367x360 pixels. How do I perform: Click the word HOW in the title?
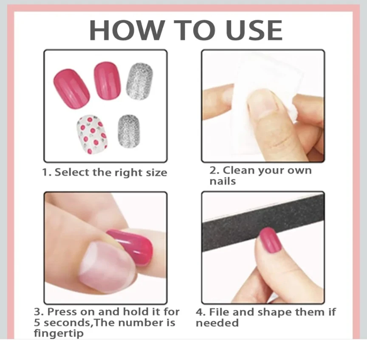(127, 30)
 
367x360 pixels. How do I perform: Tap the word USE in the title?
(254, 30)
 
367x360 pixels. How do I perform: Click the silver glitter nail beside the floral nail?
(129, 131)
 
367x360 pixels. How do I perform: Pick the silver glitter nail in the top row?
(139, 81)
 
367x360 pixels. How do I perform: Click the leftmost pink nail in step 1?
(71, 89)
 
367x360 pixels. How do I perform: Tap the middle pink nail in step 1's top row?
(107, 80)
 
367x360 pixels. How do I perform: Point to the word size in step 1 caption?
(157, 173)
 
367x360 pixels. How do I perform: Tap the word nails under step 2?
(223, 181)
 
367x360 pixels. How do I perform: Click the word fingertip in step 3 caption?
(59, 333)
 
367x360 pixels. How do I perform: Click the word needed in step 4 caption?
(217, 323)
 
